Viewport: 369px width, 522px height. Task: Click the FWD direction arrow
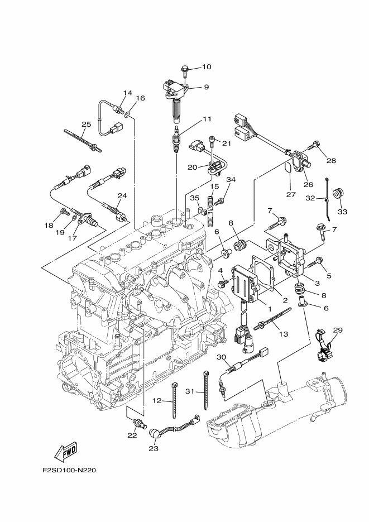coord(66,451)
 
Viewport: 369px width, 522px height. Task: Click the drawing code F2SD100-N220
coord(69,470)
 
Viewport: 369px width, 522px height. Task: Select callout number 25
coord(86,124)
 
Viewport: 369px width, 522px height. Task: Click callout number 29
coord(337,331)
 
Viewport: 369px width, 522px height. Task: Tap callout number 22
coord(132,435)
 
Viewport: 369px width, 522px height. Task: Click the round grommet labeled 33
coord(338,195)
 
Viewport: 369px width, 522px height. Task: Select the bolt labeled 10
coord(185,69)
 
